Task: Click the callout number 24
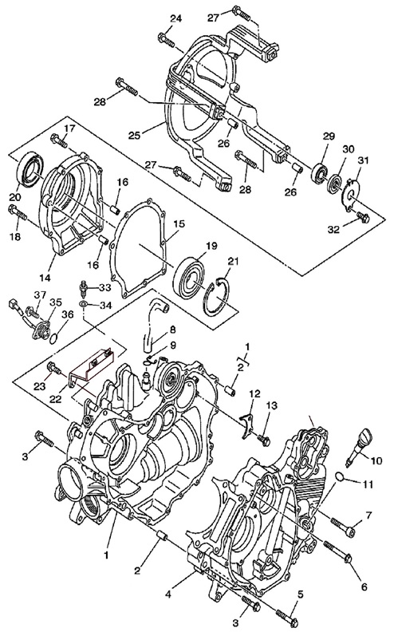(176, 18)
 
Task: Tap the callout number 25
(135, 135)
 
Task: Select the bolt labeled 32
(362, 217)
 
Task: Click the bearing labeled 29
(320, 172)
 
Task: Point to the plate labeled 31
(351, 195)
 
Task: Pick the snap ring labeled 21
(217, 297)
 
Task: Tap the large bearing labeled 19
(190, 275)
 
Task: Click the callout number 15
(179, 223)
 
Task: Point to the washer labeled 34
(83, 303)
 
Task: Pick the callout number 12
(255, 393)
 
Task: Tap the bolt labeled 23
(54, 368)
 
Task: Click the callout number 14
(45, 278)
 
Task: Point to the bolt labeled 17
(59, 141)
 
